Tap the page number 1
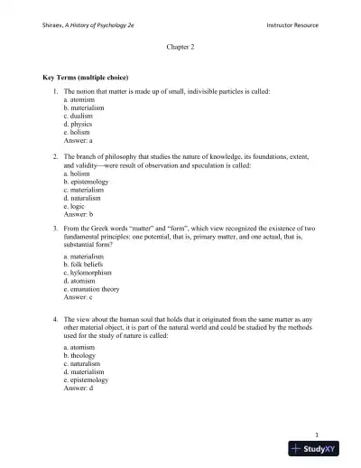(x=329, y=434)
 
